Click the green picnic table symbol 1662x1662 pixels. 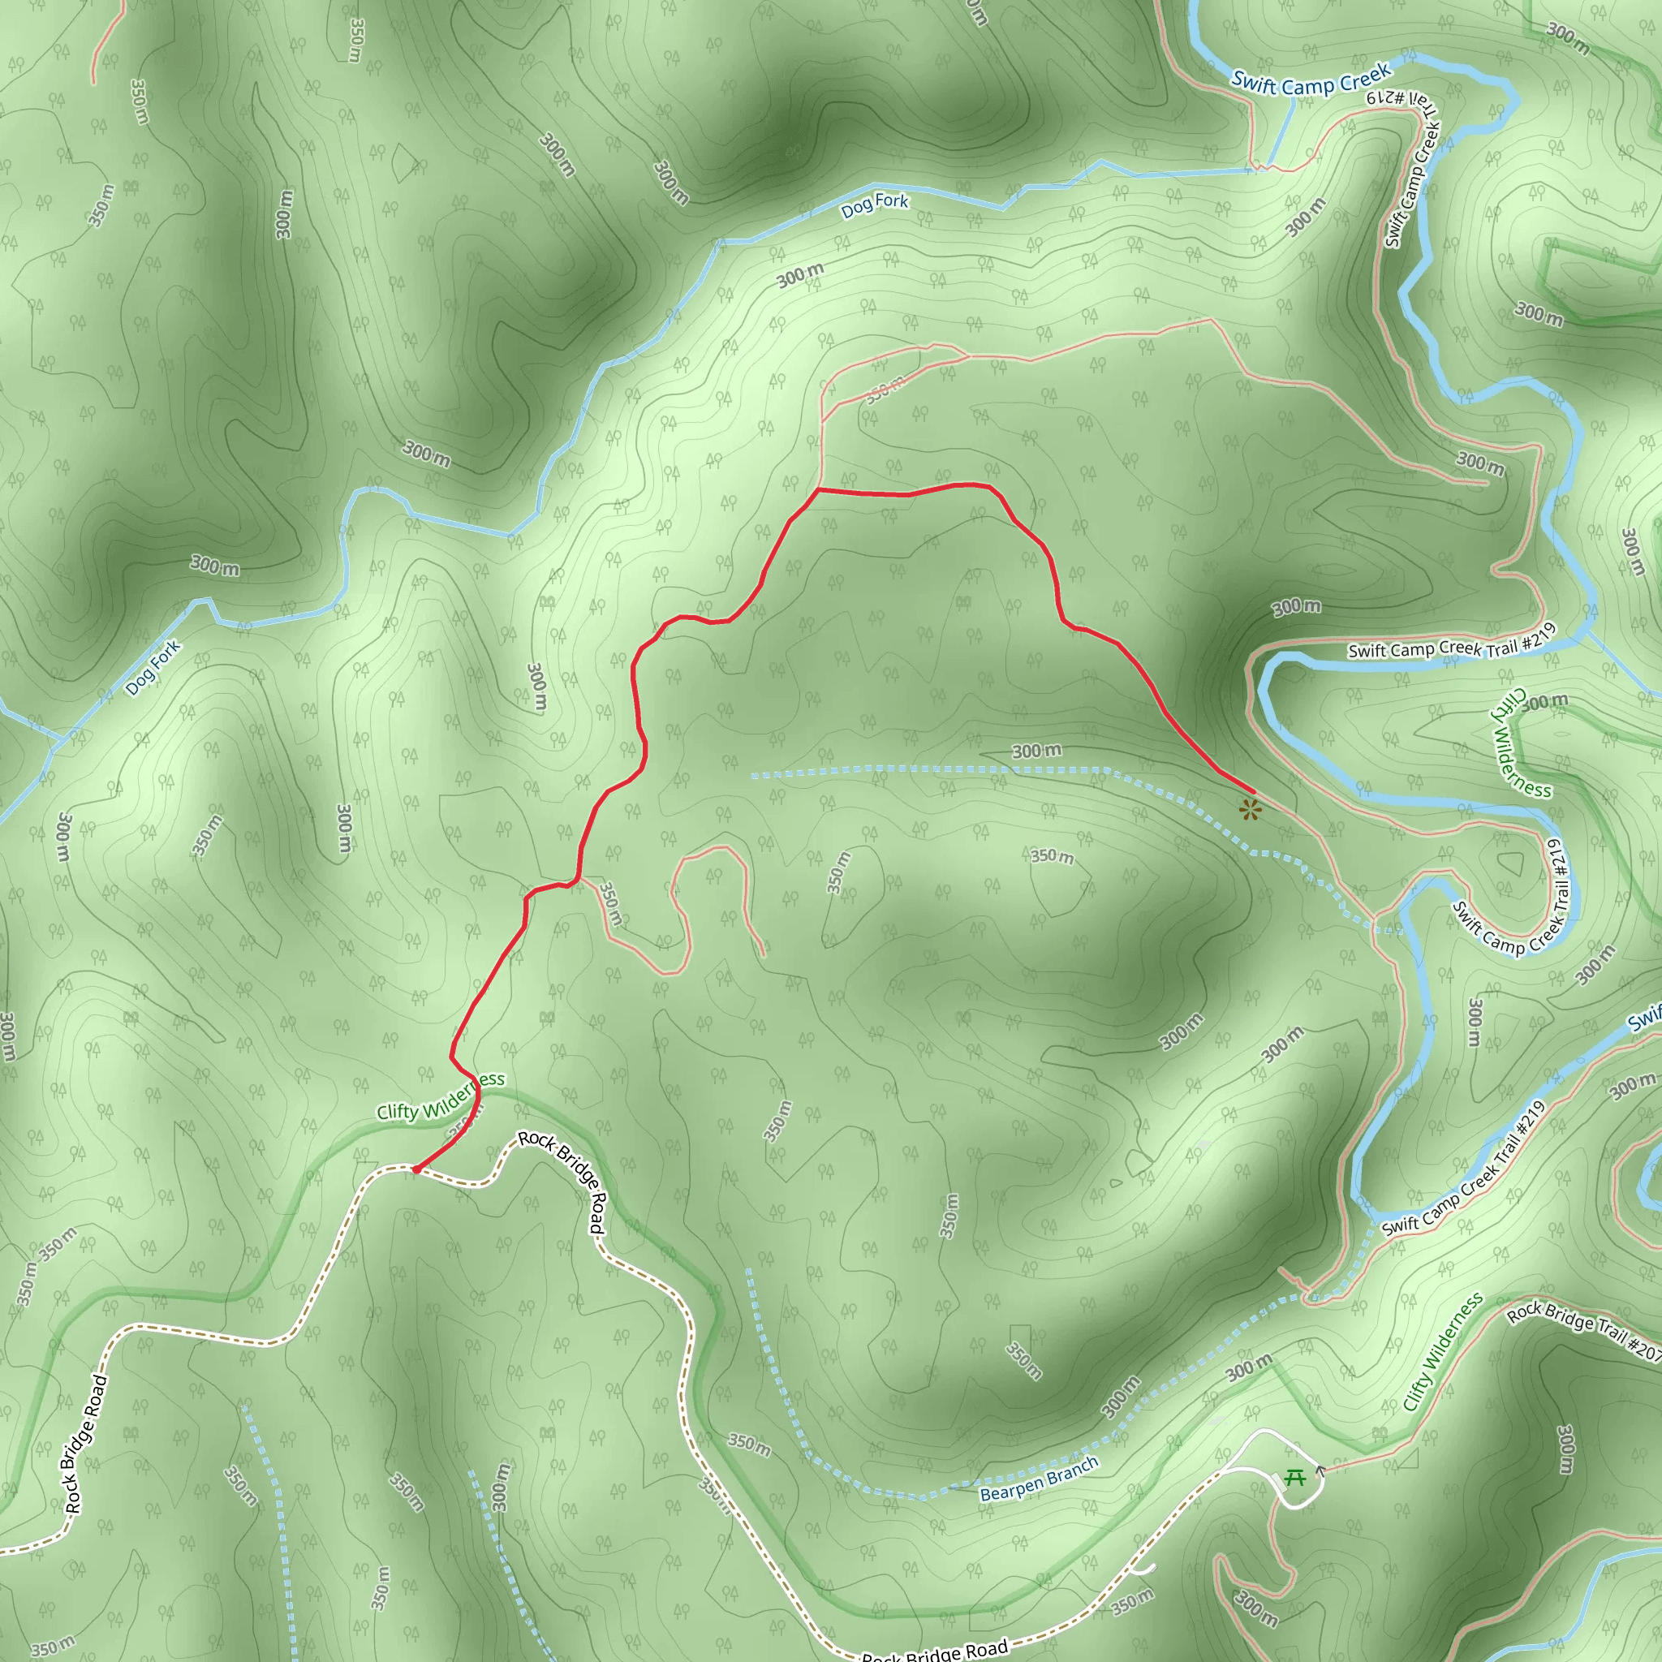pos(1294,1477)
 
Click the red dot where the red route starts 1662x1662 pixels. pos(415,1169)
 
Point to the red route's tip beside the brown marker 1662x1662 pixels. pos(1252,791)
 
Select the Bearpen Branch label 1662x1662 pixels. pos(1040,1479)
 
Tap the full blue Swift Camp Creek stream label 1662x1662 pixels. pos(1311,80)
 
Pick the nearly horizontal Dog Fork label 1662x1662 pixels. pos(874,205)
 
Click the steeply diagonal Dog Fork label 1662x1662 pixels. pos(153,667)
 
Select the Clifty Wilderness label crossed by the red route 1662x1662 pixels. pos(441,1097)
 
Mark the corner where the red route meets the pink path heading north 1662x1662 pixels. pos(818,489)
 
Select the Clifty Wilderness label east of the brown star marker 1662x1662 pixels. pos(1521,743)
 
